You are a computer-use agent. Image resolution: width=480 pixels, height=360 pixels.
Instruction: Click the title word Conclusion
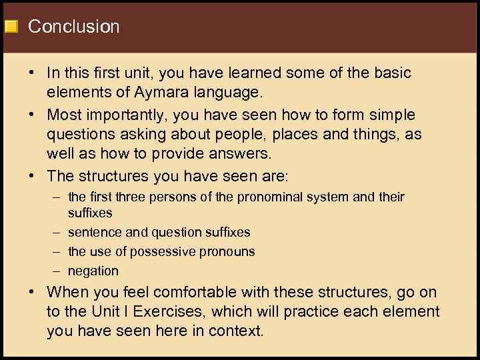(73, 27)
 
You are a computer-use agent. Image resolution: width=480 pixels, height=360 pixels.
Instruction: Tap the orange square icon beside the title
(11, 27)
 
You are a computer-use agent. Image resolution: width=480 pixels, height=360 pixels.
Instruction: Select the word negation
(93, 271)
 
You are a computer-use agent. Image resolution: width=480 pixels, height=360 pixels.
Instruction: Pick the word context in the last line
(240, 330)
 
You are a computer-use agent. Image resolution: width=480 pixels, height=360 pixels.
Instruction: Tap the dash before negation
(55, 271)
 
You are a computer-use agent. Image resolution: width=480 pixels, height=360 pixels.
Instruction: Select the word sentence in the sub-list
(93, 232)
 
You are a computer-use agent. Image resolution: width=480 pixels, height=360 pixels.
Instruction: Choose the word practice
(338, 311)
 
